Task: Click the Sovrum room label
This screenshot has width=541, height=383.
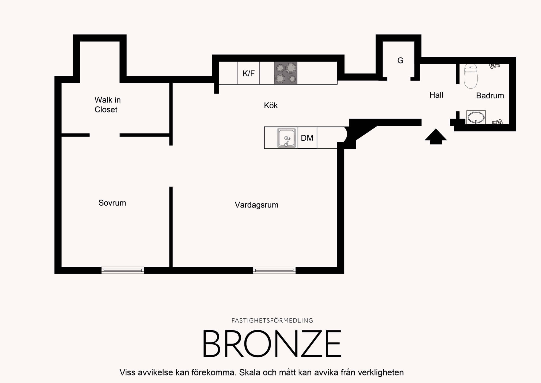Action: coord(112,203)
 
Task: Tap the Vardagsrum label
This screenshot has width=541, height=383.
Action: coord(256,205)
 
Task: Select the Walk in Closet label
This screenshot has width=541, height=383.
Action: coord(108,105)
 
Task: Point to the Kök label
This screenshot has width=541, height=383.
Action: coord(270,105)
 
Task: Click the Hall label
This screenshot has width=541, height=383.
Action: coord(436,95)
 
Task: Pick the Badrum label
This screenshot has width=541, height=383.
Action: coord(490,96)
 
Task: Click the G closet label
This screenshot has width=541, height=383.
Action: coord(400,61)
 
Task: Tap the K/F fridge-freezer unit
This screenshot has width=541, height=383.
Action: coord(248,73)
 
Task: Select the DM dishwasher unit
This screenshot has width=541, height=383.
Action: coord(307,138)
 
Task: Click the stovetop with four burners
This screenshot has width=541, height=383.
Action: coord(286,73)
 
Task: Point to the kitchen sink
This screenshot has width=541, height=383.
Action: coord(287,138)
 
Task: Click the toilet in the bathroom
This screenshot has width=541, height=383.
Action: coord(471,76)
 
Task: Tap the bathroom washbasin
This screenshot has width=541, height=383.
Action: coord(476,117)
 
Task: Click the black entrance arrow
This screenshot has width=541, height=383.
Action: coord(436,137)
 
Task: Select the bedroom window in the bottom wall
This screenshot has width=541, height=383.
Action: coord(123,270)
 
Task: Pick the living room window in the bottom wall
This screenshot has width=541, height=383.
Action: coord(274,270)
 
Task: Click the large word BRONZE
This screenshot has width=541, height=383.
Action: coord(272,343)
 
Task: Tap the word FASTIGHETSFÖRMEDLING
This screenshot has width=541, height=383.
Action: coord(272,321)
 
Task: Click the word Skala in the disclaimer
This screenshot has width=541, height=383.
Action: coord(249,372)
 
